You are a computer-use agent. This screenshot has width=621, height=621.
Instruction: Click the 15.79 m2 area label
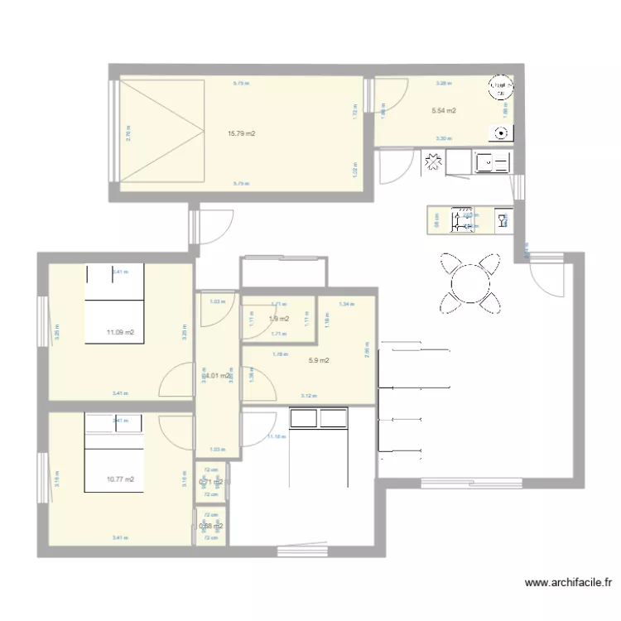tap(241, 133)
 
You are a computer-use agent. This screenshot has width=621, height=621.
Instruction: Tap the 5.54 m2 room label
tap(444, 110)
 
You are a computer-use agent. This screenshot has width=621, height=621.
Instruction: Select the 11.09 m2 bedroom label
tap(120, 333)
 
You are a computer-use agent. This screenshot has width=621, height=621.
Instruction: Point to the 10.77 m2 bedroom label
tap(120, 479)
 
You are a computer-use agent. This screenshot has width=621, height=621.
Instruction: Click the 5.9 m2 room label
tap(319, 360)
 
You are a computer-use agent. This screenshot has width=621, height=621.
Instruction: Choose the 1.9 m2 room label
tap(279, 319)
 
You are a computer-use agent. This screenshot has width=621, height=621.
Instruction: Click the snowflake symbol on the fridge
tap(432, 162)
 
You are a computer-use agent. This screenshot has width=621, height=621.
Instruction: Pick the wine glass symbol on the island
tap(501, 220)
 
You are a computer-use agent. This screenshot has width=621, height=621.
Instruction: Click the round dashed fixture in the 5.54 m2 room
tap(498, 86)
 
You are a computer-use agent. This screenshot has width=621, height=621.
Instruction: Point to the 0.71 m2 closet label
tap(211, 481)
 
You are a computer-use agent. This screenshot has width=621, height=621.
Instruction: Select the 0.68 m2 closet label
tap(210, 526)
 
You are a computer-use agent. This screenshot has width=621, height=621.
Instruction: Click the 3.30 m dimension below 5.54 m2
tap(444, 138)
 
